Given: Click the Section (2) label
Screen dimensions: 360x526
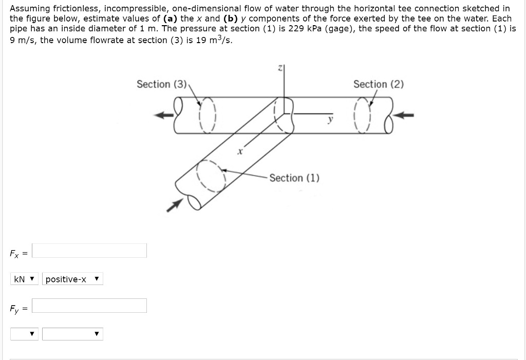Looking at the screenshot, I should (x=378, y=84).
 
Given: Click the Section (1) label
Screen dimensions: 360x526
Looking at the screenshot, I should (x=294, y=178).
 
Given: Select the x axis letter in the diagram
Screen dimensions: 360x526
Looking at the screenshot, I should (x=239, y=152).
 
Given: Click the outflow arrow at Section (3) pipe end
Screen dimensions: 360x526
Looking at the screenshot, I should (x=164, y=115).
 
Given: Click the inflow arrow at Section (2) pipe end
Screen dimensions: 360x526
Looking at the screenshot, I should (x=406, y=116).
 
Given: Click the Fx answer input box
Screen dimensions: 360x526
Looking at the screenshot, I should (x=89, y=251).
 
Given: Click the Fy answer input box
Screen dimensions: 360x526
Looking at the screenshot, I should (x=89, y=306).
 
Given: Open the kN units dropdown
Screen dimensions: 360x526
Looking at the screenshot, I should (x=25, y=279).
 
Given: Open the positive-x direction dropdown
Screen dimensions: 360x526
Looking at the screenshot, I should (x=72, y=279).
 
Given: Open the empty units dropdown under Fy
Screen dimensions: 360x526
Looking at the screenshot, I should (x=25, y=334).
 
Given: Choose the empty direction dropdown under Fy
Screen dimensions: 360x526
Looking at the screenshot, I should (x=72, y=334).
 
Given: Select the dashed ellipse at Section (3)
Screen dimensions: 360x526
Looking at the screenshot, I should (x=208, y=114).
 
